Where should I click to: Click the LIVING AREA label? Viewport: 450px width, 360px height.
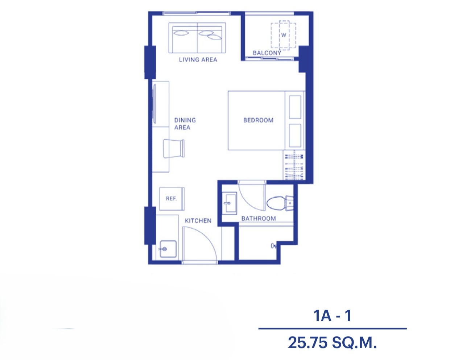click(198, 60)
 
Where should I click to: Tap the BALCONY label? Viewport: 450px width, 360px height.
click(267, 53)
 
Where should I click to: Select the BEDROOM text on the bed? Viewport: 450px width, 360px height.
click(258, 120)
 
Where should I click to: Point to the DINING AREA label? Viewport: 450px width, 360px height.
click(185, 124)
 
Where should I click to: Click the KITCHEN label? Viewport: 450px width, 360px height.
click(198, 221)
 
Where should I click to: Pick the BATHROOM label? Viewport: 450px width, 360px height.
click(259, 219)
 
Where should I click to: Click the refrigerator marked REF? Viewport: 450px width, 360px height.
click(172, 199)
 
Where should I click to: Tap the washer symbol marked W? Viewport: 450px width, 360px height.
click(284, 35)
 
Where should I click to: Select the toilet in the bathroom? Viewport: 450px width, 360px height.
click(280, 203)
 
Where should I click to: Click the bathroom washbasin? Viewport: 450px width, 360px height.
click(230, 203)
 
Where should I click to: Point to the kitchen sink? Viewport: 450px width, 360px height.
click(168, 249)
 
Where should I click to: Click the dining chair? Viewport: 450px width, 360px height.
click(174, 149)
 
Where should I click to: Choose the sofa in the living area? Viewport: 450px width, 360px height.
click(197, 38)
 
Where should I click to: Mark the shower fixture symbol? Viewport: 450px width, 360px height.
click(274, 246)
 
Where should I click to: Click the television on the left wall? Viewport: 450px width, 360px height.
click(154, 104)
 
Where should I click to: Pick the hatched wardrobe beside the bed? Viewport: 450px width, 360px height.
click(294, 165)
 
